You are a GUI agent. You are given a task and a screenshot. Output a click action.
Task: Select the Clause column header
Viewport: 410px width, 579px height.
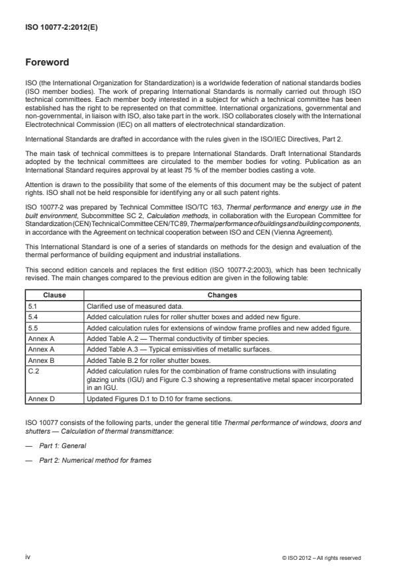coord(54,296)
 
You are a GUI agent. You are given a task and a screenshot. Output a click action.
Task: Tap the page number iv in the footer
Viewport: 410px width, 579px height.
coord(28,557)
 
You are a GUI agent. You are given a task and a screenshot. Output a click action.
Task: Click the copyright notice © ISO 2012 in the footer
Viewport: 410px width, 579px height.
coord(321,557)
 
